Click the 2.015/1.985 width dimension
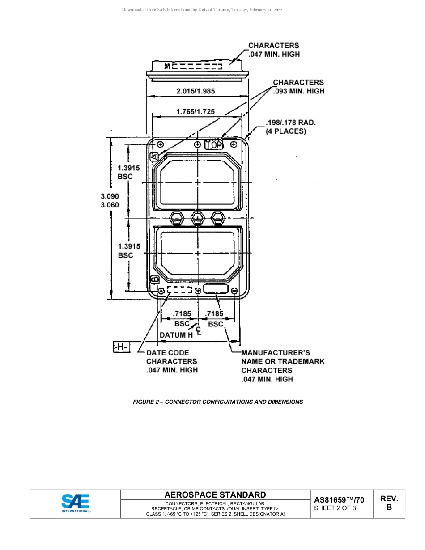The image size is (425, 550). (x=195, y=91)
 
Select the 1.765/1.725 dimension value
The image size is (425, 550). (x=195, y=112)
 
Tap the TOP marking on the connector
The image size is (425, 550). (x=214, y=145)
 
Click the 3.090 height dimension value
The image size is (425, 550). (x=110, y=196)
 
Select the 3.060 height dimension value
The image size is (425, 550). (x=110, y=205)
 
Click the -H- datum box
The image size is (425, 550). (x=121, y=347)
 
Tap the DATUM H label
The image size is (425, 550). (x=176, y=334)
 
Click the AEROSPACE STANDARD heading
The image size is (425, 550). (x=215, y=495)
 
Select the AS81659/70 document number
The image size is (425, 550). (x=339, y=500)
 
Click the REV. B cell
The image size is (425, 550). (x=389, y=503)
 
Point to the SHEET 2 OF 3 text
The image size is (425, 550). (x=335, y=508)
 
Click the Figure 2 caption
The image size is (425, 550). (x=218, y=402)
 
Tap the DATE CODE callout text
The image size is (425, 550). (x=168, y=353)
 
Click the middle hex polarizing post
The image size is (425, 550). (x=197, y=218)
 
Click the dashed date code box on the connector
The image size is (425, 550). (x=180, y=290)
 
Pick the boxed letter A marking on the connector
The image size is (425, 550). (x=154, y=157)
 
